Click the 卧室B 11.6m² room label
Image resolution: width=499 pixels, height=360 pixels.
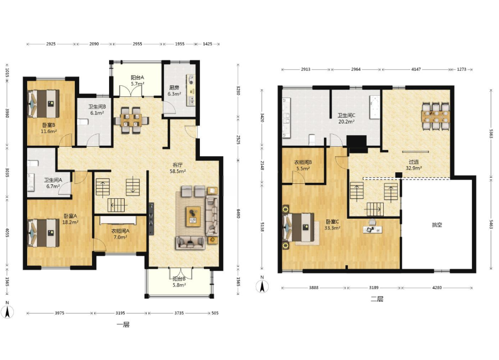pyautogui.click(x=49, y=128)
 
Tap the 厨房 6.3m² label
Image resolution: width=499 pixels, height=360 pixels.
pyautogui.click(x=174, y=91)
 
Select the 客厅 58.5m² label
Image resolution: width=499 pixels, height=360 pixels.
pyautogui.click(x=178, y=168)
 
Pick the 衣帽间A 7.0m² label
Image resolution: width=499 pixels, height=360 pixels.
pyautogui.click(x=120, y=234)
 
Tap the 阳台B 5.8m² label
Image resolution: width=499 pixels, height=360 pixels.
pyautogui.click(x=179, y=282)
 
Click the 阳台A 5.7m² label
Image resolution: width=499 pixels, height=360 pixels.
pyautogui.click(x=137, y=80)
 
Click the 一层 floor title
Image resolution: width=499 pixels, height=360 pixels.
pyautogui.click(x=123, y=325)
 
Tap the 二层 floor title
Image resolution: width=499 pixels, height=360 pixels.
pyautogui.click(x=377, y=299)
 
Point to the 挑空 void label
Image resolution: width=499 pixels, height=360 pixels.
pyautogui.click(x=437, y=225)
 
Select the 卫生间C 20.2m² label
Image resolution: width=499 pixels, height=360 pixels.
pyautogui.click(x=346, y=119)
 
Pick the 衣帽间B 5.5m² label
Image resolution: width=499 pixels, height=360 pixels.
pyautogui.click(x=302, y=165)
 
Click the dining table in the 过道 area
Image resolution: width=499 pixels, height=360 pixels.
pyautogui.click(x=436, y=116)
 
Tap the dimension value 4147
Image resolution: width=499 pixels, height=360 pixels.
pyautogui.click(x=416, y=69)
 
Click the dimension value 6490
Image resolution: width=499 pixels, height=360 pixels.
pyautogui.click(x=239, y=213)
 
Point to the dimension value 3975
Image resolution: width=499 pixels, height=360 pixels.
pyautogui.click(x=59, y=313)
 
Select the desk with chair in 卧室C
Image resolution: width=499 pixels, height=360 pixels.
pyautogui.click(x=372, y=227)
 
